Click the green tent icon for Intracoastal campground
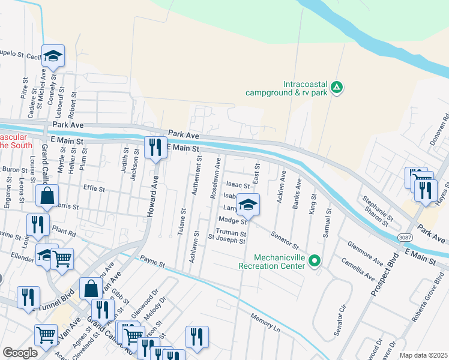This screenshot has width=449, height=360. coord(337,88)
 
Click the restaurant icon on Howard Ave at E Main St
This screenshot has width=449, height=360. coord(155,147)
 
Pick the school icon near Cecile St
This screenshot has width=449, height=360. coord(53,56)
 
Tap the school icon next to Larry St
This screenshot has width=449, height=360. coord(247,205)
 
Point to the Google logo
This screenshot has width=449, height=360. coord(20,353)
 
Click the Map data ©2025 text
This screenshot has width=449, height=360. coord(423,355)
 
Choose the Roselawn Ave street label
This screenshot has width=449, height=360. coord(217,174)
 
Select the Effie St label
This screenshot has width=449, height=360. coord(94,188)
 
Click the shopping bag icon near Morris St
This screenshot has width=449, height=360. coord(47,195)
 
